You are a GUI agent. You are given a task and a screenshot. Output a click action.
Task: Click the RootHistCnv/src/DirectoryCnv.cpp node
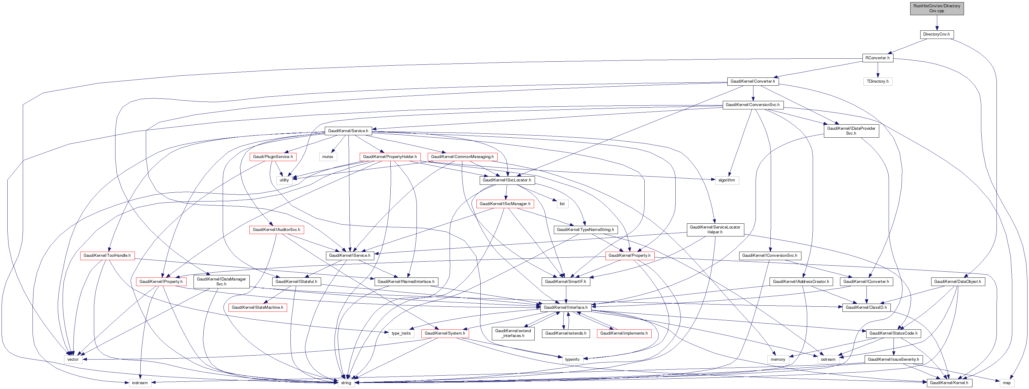(x=936, y=9)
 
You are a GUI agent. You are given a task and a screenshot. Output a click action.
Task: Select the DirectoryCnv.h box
(x=936, y=34)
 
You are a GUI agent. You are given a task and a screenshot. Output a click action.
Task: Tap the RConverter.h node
(x=877, y=58)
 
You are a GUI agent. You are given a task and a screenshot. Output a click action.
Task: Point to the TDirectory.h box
(x=877, y=81)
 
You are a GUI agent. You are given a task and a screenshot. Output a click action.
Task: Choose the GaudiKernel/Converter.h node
(x=752, y=81)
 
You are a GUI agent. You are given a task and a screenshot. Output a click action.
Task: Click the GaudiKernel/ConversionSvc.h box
(x=752, y=105)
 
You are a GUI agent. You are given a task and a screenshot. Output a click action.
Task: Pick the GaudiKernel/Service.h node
(x=348, y=131)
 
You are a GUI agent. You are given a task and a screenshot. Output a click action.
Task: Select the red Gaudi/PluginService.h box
(x=273, y=157)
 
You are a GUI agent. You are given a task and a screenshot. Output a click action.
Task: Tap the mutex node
(x=328, y=157)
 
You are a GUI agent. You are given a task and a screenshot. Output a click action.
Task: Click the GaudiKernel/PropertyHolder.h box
(x=389, y=157)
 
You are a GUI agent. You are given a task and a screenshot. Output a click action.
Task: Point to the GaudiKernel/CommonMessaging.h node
(x=462, y=157)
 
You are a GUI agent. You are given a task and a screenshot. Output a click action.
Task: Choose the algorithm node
(x=726, y=180)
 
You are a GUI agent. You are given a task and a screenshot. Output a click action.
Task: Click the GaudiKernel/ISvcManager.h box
(x=505, y=204)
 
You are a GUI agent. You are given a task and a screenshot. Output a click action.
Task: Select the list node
(x=562, y=204)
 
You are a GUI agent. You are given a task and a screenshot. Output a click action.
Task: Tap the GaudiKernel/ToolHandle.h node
(x=107, y=256)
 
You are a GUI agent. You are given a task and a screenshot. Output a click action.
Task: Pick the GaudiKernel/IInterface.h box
(x=565, y=308)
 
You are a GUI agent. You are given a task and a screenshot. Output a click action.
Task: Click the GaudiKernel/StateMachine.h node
(x=257, y=308)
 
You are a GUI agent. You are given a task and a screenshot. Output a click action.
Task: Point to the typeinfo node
(x=572, y=360)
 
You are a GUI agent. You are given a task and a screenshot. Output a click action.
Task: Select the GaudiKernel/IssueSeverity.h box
(x=893, y=360)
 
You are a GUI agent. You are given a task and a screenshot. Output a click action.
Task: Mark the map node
(x=1006, y=383)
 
